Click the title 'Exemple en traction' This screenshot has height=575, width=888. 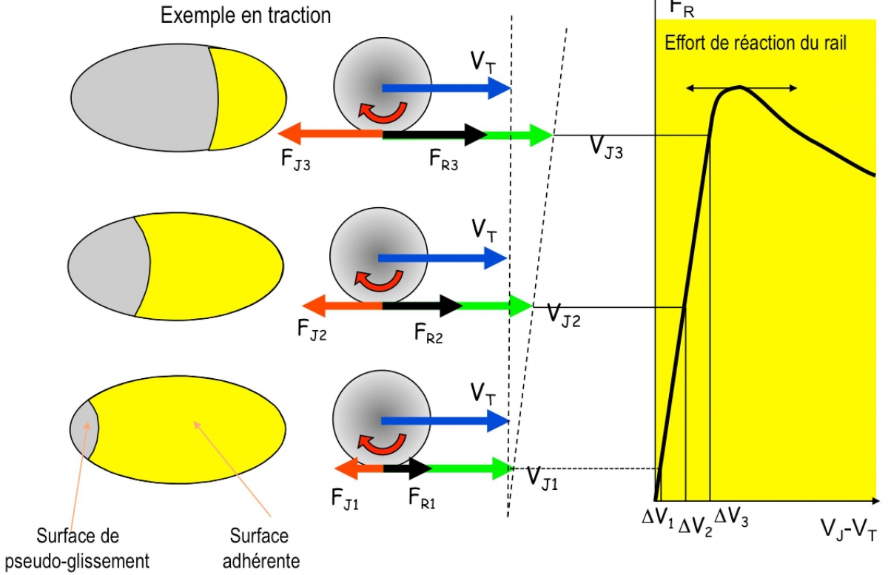tap(246, 16)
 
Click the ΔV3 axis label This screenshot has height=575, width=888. tap(730, 517)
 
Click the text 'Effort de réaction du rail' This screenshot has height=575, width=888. tap(755, 43)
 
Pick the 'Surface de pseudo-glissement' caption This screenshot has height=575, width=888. tap(92, 548)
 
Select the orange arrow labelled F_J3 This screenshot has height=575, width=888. tap(329, 135)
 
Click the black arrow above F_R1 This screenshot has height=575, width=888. tap(408, 468)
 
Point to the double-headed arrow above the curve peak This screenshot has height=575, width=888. tap(741, 88)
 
